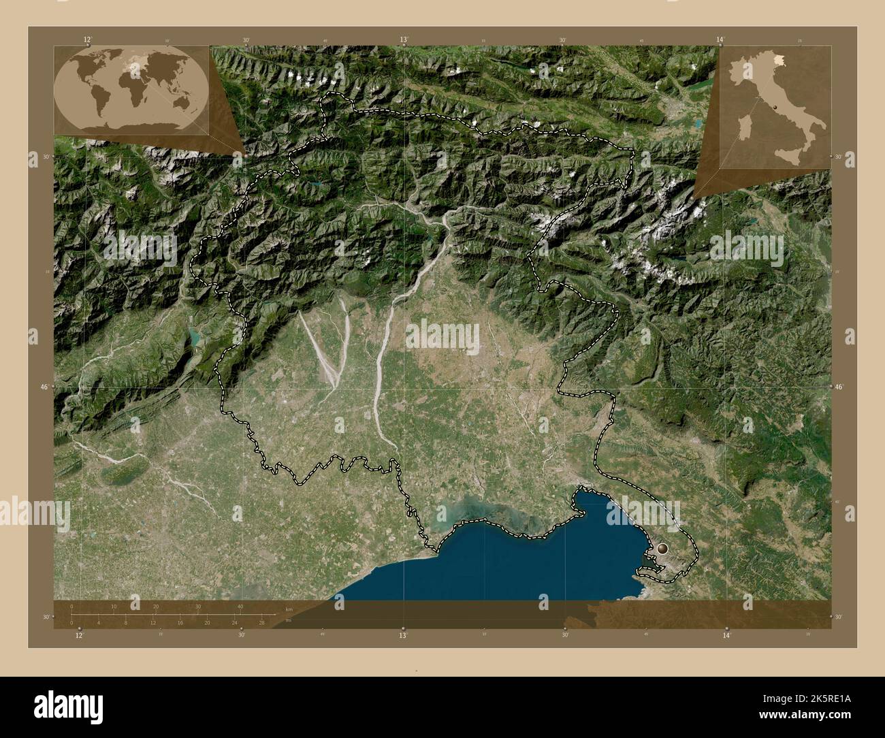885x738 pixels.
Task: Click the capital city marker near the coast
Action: click(662, 547)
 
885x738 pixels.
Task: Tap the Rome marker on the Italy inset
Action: click(775, 107)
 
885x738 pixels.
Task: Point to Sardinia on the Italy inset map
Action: click(745, 130)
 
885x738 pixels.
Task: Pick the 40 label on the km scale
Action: click(240, 607)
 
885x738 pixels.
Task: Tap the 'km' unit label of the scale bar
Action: click(289, 609)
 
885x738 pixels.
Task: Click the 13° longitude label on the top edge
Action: click(404, 39)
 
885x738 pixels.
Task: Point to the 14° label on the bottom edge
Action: click(726, 635)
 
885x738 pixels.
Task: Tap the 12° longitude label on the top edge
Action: click(87, 39)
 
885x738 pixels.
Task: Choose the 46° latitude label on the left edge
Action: click(45, 387)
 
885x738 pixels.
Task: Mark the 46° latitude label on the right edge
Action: click(839, 387)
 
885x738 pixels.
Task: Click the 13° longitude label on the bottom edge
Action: click(403, 635)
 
